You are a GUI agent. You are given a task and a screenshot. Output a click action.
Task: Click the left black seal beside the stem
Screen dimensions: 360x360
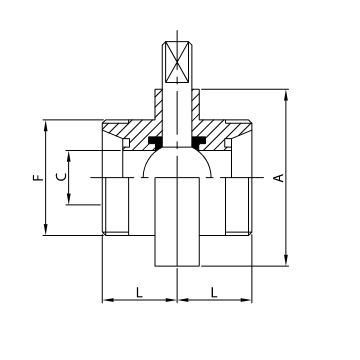click(156, 143)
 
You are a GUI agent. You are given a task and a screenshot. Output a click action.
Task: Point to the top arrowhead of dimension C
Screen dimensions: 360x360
click(69, 153)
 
